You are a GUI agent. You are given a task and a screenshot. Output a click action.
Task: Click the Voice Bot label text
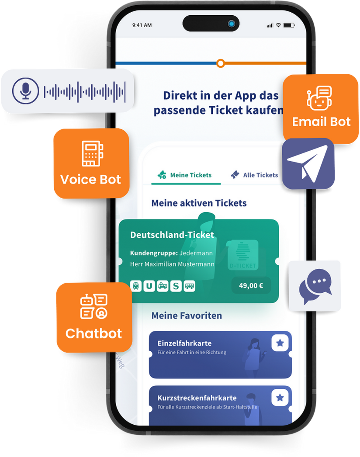pyautogui.click(x=90, y=179)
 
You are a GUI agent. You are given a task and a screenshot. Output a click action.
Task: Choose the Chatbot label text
pyautogui.click(x=93, y=333)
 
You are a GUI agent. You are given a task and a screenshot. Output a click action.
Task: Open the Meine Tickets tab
pyautogui.click(x=185, y=175)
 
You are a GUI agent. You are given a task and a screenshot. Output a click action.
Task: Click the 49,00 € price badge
pyautogui.click(x=251, y=286)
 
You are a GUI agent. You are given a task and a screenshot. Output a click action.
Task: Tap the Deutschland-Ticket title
pyautogui.click(x=172, y=235)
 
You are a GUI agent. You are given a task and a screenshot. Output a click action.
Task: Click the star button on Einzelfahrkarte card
pyautogui.click(x=280, y=343)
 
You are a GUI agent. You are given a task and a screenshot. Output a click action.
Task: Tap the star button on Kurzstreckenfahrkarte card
pyautogui.click(x=280, y=398)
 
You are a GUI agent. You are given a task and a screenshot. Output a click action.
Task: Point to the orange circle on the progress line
pyautogui.click(x=221, y=63)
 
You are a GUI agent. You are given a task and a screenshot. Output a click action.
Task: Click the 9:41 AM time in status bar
pyautogui.click(x=142, y=25)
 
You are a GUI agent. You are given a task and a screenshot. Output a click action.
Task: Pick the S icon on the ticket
pyautogui.click(x=176, y=286)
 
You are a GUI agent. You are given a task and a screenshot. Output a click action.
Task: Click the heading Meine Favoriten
pyautogui.click(x=187, y=315)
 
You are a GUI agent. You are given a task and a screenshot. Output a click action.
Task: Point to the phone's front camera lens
pyautogui.click(x=231, y=24)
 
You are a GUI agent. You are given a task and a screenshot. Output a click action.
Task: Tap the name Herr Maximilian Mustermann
pyautogui.click(x=172, y=264)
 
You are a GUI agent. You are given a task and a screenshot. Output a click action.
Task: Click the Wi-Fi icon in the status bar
pyautogui.click(x=278, y=25)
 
